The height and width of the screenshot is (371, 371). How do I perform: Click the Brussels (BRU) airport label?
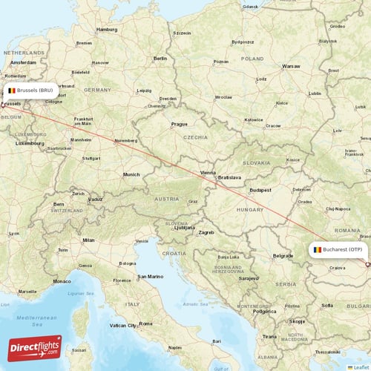30,90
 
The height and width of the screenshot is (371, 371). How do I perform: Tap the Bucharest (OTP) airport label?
338,250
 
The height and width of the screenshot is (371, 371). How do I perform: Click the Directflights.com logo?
35,347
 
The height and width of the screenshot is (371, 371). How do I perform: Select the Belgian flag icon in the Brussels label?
12,90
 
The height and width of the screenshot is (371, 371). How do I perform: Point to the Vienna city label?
208,172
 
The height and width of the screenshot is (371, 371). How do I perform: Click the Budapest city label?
260,190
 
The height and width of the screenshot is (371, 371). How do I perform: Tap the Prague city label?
179,124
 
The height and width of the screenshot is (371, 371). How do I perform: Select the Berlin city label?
160,58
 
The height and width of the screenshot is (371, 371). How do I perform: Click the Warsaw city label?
291,66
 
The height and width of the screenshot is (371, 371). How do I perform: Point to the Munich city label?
131,174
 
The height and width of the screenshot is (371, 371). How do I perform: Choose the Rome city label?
145,324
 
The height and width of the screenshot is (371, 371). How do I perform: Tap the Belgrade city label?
283,255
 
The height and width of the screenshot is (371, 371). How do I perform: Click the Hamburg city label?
107,30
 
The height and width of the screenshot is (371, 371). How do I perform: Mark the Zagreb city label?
206,232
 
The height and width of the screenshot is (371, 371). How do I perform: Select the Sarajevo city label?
248,278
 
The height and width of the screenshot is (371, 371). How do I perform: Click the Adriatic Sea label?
194,303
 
